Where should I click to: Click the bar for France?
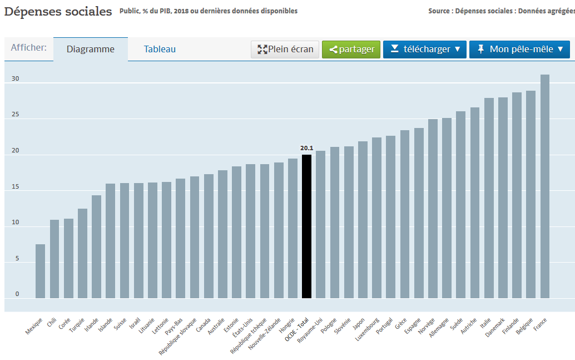coord(545,186)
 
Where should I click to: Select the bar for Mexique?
coord(41,272)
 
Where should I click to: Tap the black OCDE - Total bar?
coord(306,226)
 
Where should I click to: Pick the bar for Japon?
coord(363,220)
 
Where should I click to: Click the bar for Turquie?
coord(82,254)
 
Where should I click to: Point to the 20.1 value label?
coord(306,148)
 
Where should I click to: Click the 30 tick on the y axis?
coord(15,79)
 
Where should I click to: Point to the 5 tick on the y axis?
coord(17,259)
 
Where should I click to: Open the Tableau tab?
coord(160,49)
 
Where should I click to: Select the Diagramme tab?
coord(91,49)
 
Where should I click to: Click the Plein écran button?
coord(285,49)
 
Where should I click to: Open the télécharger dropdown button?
coord(425,49)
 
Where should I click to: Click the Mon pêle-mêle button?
coord(520,49)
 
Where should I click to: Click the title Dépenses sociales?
coord(58,12)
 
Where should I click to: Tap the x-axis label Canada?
coord(204,323)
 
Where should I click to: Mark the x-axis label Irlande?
coord(92,324)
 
